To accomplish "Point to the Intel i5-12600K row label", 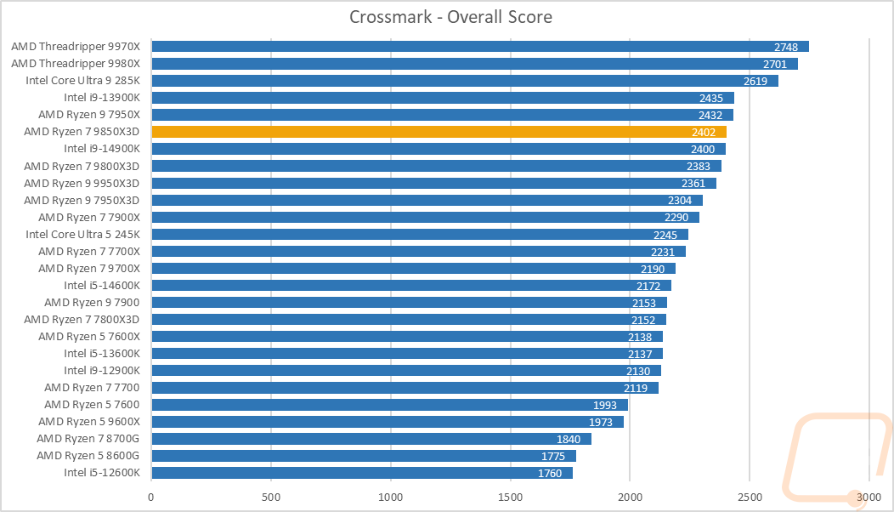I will (101, 473).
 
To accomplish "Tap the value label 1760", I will (549, 473).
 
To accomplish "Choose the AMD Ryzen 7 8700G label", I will (88, 439).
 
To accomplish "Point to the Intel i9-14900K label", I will (101, 149).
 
